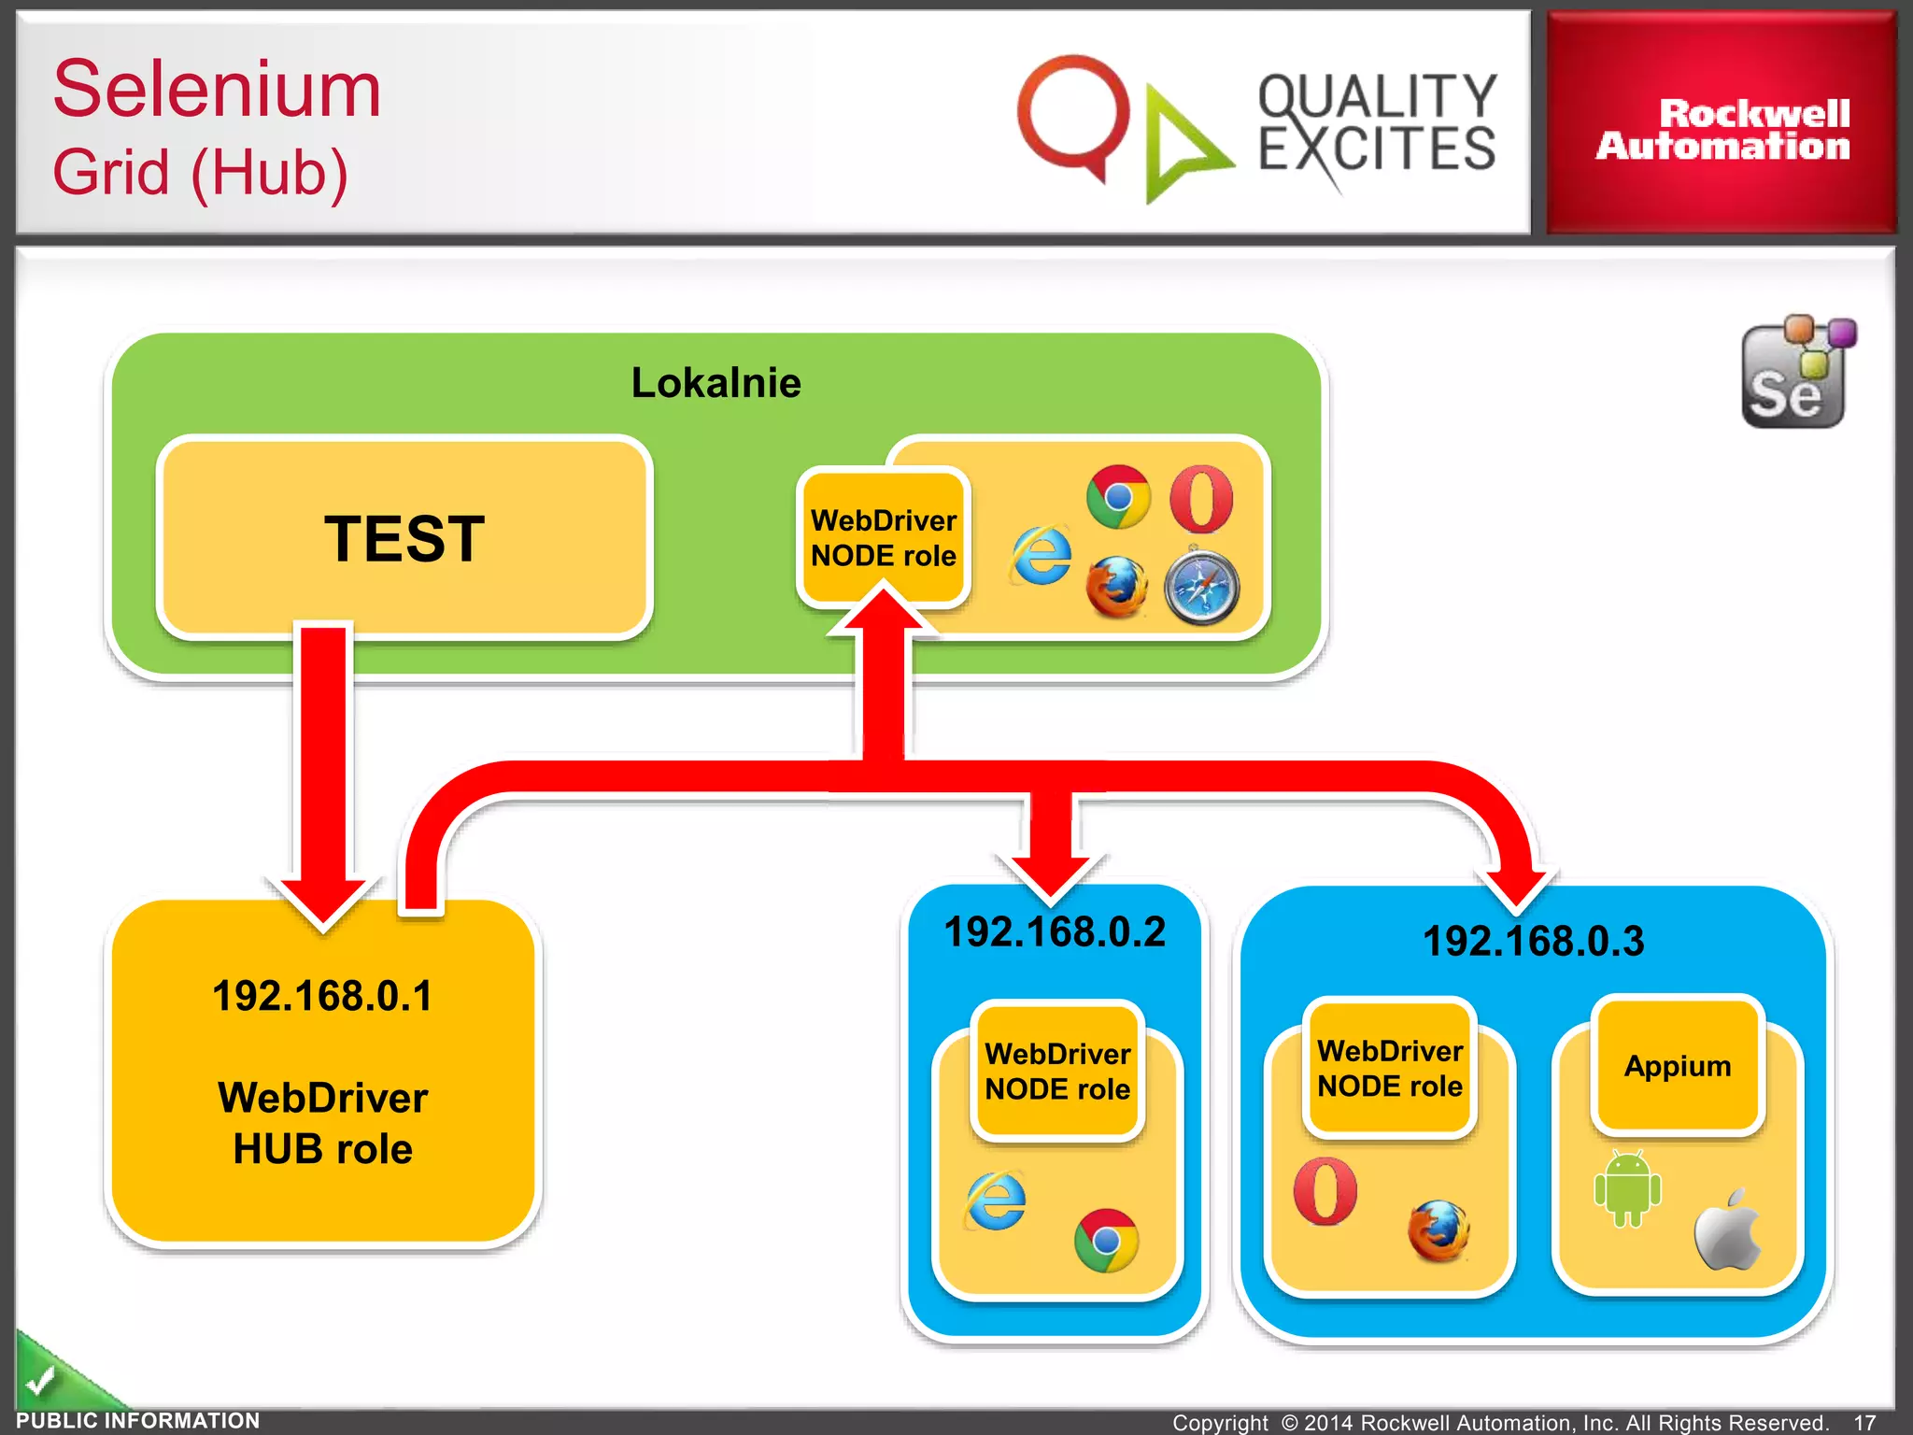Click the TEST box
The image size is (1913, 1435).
404,538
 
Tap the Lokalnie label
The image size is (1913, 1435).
716,383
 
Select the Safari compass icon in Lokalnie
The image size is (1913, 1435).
1201,587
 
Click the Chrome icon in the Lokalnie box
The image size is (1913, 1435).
1118,497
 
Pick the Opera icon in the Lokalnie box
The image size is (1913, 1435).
1201,499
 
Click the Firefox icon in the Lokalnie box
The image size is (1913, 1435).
1116,587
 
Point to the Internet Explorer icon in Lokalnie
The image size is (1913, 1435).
1042,556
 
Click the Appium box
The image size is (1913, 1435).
1677,1066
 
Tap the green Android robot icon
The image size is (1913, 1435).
1627,1188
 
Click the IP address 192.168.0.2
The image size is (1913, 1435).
1055,932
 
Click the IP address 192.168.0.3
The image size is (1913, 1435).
1533,941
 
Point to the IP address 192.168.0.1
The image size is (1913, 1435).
322,996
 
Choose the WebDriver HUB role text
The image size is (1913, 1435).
322,1123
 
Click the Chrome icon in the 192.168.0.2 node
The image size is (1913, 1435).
1106,1241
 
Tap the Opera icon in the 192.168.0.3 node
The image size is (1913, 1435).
1325,1191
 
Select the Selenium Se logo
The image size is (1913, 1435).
1796,374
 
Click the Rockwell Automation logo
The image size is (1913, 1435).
1722,129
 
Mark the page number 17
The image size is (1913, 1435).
1864,1422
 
